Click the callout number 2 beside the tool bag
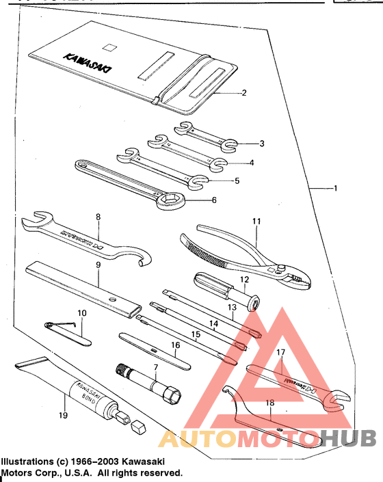pyautogui.click(x=243, y=92)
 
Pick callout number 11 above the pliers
pyautogui.click(x=256, y=222)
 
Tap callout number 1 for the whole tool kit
pyautogui.click(x=335, y=188)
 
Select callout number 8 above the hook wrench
pyautogui.click(x=98, y=217)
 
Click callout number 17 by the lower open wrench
pyautogui.click(x=280, y=353)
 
